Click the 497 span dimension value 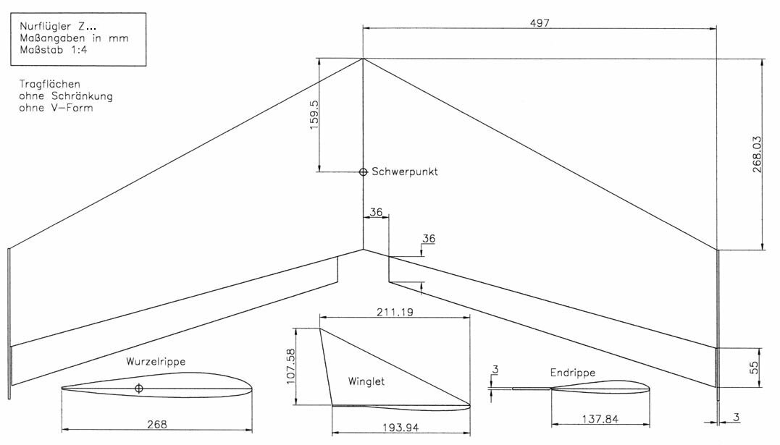(540, 23)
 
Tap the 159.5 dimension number (314, 115)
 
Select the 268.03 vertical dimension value (757, 154)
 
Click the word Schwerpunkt (405, 171)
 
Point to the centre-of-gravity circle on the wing (363, 172)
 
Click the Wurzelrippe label (156, 362)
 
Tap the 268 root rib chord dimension (157, 424)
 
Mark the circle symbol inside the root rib (139, 389)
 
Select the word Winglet (366, 381)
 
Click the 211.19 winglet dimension (395, 313)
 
